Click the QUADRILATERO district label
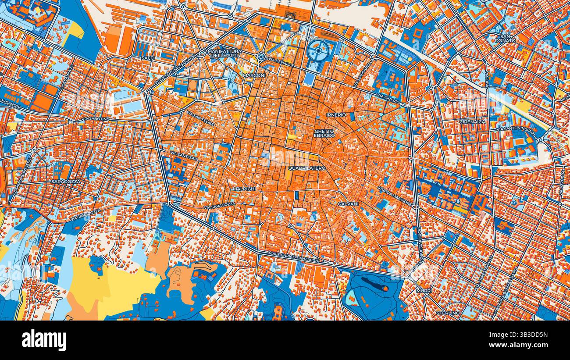[x=307, y=168]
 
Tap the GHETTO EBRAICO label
[x=324, y=133]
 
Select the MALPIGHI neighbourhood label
[x=244, y=189]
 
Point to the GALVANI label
[x=348, y=204]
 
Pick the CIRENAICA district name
[x=472, y=121]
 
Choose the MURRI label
[x=424, y=290]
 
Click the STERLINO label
[x=448, y=313]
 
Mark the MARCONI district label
[x=254, y=75]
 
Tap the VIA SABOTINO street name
[x=96, y=119]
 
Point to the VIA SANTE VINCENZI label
[x=516, y=130]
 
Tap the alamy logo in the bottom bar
[x=44, y=340]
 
